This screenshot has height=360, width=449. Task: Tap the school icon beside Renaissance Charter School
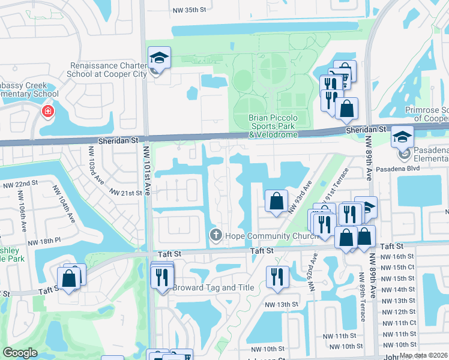coord(159,58)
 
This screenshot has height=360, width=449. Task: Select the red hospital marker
coord(47,112)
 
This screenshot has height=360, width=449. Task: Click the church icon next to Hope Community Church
coord(215,235)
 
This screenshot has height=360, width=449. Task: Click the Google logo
coord(20,353)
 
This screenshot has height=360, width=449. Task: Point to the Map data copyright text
coord(423,355)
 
